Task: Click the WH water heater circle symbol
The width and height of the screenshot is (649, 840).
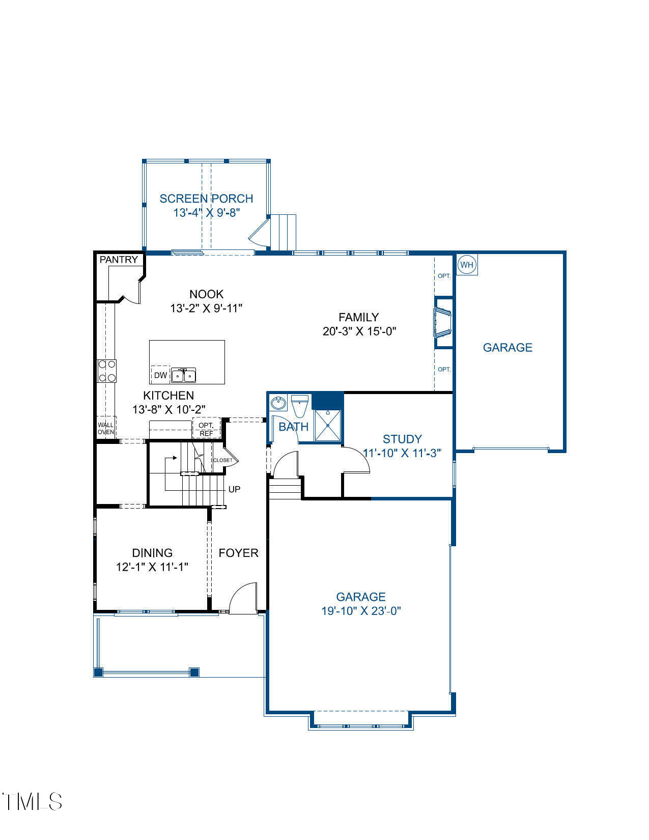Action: click(466, 265)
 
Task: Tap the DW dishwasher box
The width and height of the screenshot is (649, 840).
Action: click(160, 375)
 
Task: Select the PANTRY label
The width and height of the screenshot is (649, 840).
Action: click(119, 260)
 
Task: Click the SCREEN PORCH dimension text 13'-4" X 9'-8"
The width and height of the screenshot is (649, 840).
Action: click(206, 213)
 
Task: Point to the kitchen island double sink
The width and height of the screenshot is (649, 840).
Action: click(184, 376)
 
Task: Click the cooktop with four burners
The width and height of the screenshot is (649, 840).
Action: click(107, 371)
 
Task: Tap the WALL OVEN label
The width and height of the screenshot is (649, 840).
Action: click(106, 428)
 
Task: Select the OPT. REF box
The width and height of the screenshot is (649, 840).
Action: click(206, 429)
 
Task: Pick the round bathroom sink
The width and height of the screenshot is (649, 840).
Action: click(278, 403)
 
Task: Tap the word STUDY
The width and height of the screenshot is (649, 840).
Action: click(402, 439)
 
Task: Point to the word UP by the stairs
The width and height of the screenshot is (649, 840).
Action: click(234, 489)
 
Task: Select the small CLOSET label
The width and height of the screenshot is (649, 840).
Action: click(222, 460)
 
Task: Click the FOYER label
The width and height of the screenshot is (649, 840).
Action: click(238, 553)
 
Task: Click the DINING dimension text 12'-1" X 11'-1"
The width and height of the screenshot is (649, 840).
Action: click(152, 567)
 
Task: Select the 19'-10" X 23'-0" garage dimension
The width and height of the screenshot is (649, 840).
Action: click(361, 611)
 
